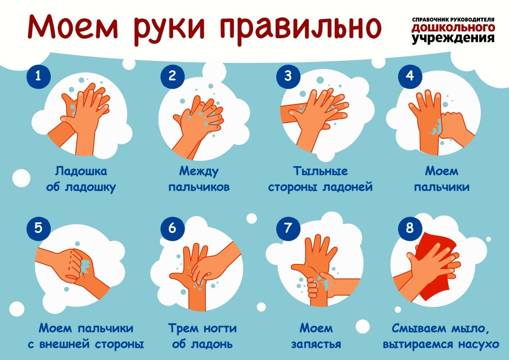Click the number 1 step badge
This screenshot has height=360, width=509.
[x=39, y=77]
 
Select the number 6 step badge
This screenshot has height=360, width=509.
[x=172, y=228]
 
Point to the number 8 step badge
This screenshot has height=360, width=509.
[x=409, y=228]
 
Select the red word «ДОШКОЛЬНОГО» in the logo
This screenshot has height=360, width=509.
[x=453, y=28]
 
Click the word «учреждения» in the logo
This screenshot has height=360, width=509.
[x=453, y=38]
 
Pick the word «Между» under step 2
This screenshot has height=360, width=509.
[x=199, y=172]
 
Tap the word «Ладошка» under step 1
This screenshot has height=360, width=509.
[x=81, y=172]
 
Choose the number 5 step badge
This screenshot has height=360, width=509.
[x=39, y=228]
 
